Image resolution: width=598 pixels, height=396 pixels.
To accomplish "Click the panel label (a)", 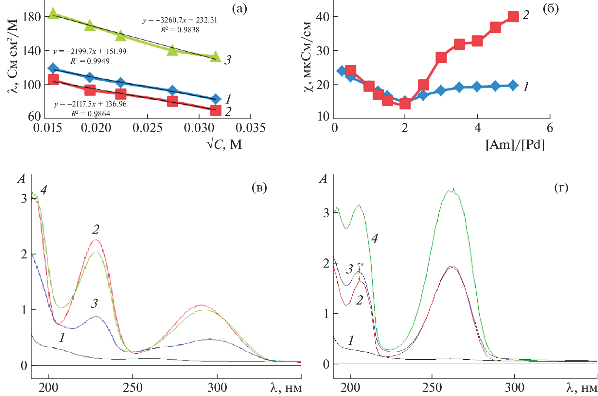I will coord(239,9).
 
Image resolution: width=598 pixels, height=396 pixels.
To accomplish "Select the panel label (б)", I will coord(551,9).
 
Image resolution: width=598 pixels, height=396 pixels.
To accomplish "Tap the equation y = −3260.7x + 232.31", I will coord(180,20).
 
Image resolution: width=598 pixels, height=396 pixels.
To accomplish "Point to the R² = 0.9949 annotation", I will coord(90,61).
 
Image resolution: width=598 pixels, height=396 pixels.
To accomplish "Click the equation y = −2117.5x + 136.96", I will coord(90,104).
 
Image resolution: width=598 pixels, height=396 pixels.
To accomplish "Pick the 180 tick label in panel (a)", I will coord(32,17).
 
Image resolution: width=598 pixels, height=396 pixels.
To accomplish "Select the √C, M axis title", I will coord(224,144).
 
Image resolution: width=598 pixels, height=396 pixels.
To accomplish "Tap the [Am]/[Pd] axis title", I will coord(515,144).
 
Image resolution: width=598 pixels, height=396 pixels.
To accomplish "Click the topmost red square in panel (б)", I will coord(513,16).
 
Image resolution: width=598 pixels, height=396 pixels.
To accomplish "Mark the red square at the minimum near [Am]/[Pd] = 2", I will coord(405,104).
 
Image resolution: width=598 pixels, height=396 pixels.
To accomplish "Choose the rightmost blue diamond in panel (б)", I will coord(513,86).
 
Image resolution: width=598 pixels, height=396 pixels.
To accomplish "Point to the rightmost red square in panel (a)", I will coord(216,110).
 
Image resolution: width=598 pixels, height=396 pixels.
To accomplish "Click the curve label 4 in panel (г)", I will coord(375,239).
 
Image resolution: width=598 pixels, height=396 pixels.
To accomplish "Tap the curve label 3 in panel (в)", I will coord(94,304).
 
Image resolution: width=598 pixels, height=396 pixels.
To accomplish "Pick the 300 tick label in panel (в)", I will coord(217,388).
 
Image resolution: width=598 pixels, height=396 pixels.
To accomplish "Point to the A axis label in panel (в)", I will coord(21,179).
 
